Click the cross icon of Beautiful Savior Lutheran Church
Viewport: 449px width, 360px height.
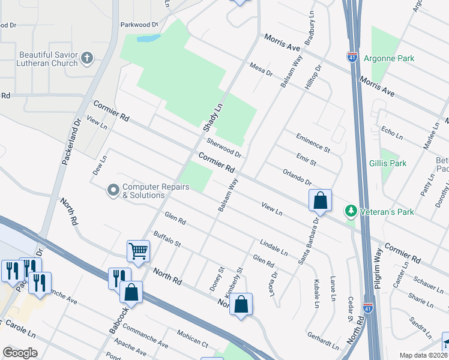(x=87, y=58)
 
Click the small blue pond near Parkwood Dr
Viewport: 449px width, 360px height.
(x=148, y=39)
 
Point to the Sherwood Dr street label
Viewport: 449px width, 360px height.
(x=223, y=148)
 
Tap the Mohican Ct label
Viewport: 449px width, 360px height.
(x=192, y=340)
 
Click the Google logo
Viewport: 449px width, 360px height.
(x=20, y=353)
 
